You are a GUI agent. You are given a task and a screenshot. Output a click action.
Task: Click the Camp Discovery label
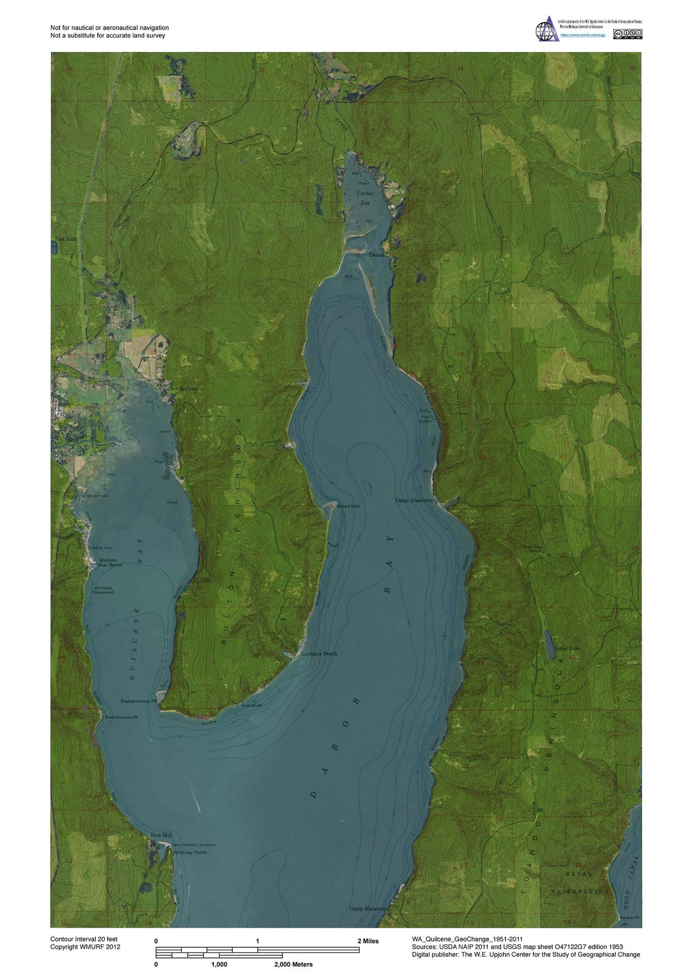(x=413, y=500)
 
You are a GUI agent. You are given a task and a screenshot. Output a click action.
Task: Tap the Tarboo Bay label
(x=364, y=198)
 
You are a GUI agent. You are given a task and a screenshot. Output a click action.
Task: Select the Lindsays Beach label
(x=319, y=654)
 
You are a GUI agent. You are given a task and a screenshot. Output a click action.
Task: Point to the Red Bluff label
(x=251, y=705)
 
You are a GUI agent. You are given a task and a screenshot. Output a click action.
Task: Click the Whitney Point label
(x=190, y=853)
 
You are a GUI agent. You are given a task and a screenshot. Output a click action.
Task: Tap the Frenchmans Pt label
(x=121, y=717)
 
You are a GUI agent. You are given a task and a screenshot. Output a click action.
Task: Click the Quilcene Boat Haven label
(x=110, y=562)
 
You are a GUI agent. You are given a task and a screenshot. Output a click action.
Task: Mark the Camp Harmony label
(x=367, y=909)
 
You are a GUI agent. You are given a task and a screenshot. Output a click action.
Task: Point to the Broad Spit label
(x=348, y=506)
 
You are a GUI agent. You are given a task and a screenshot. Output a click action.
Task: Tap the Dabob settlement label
(x=376, y=255)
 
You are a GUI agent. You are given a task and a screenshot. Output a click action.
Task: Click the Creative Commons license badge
(x=628, y=34)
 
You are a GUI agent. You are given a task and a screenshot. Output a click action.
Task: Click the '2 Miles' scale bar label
(x=368, y=941)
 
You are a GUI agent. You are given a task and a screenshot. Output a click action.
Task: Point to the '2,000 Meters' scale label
(x=293, y=965)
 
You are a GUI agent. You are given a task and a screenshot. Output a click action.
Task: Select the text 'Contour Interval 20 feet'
(x=84, y=940)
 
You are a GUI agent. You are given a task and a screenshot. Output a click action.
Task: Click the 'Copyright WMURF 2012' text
(x=85, y=947)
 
